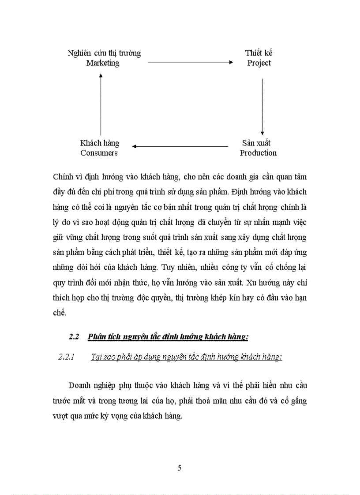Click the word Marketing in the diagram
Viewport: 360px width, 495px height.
pyautogui.click(x=103, y=63)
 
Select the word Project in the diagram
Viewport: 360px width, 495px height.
pyautogui.click(x=259, y=63)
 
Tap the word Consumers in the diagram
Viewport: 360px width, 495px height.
pyautogui.click(x=99, y=153)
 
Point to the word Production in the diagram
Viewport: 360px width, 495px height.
pyautogui.click(x=258, y=153)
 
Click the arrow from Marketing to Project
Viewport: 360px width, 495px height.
pyautogui.click(x=190, y=63)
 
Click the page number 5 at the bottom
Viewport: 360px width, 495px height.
pyautogui.click(x=180, y=468)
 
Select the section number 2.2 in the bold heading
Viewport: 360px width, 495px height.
pyautogui.click(x=74, y=337)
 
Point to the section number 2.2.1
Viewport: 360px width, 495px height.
pyautogui.click(x=68, y=357)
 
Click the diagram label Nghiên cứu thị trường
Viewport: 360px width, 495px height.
pyautogui.click(x=104, y=53)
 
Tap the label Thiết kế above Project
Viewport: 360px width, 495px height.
pyautogui.click(x=259, y=53)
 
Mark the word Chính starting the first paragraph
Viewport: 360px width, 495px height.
pyautogui.click(x=62, y=177)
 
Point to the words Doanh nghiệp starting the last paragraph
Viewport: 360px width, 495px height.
pyautogui.click(x=92, y=385)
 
